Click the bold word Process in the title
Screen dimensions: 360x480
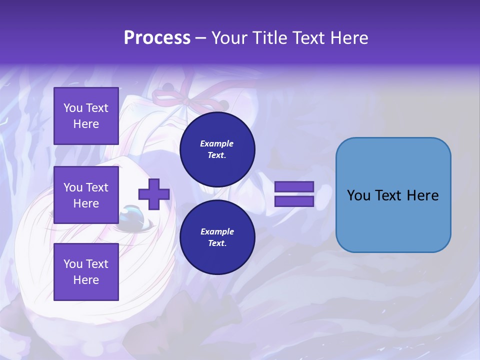click(157, 38)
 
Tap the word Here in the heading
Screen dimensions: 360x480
click(349, 38)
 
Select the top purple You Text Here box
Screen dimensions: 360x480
click(86, 116)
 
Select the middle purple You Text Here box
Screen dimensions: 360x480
click(86, 195)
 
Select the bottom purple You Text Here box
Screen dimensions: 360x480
click(86, 272)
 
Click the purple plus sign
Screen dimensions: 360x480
click(154, 194)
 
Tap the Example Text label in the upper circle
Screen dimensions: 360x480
click(217, 149)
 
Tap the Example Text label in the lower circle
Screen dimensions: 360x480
click(217, 237)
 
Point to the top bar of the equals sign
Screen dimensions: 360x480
click(294, 187)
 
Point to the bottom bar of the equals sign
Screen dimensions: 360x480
click(294, 201)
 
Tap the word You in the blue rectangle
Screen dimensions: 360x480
click(358, 195)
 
